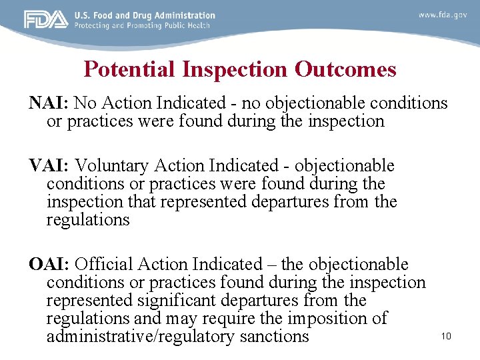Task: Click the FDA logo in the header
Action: point(46,20)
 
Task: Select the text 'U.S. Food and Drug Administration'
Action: point(145,15)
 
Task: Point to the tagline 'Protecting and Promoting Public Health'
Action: point(142,25)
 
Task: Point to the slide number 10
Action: point(446,336)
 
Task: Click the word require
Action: point(239,319)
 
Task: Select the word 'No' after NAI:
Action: point(85,103)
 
